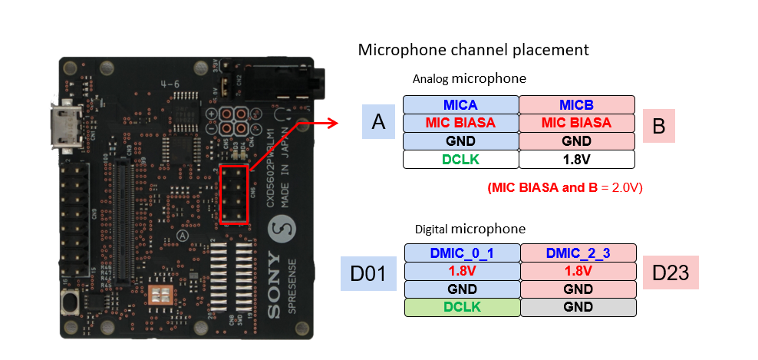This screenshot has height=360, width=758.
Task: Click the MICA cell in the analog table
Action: (x=461, y=104)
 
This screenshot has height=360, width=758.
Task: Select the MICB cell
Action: (x=576, y=104)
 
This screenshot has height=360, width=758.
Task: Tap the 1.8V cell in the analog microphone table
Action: (x=576, y=160)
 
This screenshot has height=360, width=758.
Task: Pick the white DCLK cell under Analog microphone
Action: (x=461, y=160)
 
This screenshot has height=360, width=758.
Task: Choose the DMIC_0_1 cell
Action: (x=463, y=253)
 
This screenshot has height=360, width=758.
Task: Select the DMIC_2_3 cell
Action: (x=578, y=253)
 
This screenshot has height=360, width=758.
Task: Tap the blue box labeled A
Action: (x=378, y=123)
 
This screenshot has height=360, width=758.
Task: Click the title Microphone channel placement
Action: (x=473, y=51)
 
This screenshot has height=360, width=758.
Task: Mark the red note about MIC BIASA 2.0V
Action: (x=564, y=187)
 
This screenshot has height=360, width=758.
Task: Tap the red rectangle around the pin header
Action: (x=233, y=194)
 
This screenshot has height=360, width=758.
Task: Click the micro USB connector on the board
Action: (x=61, y=127)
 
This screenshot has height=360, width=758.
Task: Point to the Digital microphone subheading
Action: (x=470, y=229)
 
